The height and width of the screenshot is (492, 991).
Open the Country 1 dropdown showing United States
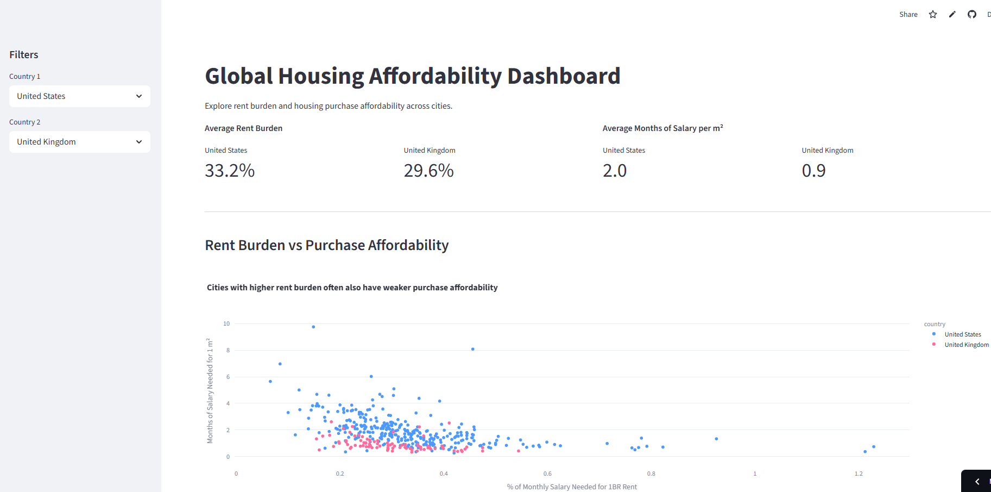pos(79,96)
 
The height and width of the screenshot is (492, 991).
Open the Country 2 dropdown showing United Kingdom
pos(79,142)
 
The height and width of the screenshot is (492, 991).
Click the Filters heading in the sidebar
pos(24,55)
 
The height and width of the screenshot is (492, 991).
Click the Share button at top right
pos(908,15)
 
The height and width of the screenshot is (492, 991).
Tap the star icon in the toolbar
pos(933,15)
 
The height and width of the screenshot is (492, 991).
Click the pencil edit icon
pos(952,15)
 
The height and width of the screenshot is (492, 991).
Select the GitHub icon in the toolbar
pos(972,15)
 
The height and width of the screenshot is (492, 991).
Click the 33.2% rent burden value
pos(230,171)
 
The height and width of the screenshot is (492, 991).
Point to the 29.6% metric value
pos(428,171)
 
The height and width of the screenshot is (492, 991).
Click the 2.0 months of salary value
pos(615,171)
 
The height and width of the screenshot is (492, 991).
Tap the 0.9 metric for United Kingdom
pos(813,171)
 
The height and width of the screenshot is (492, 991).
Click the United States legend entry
pos(962,334)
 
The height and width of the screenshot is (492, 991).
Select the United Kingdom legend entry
pos(966,345)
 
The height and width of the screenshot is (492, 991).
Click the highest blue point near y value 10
pos(313,327)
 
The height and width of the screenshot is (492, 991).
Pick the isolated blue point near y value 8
pos(473,349)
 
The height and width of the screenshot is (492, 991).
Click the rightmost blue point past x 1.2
pos(874,447)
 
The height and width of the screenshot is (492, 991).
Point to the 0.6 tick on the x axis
pos(547,474)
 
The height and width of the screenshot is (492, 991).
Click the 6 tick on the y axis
pos(228,377)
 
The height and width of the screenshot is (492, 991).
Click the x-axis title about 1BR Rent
pos(572,487)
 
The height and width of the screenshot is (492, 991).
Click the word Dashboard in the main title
pos(564,76)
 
